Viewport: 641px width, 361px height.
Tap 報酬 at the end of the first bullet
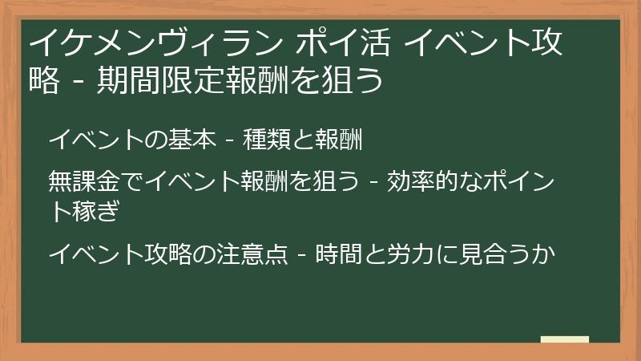343,141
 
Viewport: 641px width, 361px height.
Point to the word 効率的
421,183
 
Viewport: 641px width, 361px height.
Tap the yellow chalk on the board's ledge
564,339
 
